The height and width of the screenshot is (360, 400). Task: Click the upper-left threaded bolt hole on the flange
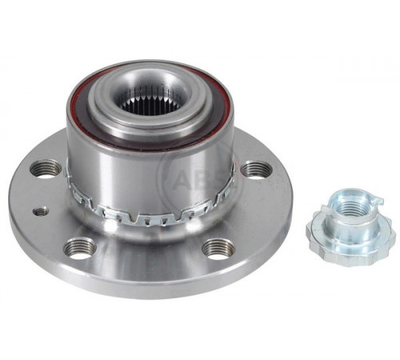[x=46, y=168]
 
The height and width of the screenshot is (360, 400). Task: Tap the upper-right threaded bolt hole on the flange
[x=256, y=170]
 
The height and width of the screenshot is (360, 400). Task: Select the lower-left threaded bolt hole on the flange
[x=80, y=248]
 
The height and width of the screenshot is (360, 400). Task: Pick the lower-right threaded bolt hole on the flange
[x=218, y=249]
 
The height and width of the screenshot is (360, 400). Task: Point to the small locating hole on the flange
[x=41, y=212]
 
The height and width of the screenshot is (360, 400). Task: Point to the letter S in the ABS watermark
[x=222, y=182]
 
